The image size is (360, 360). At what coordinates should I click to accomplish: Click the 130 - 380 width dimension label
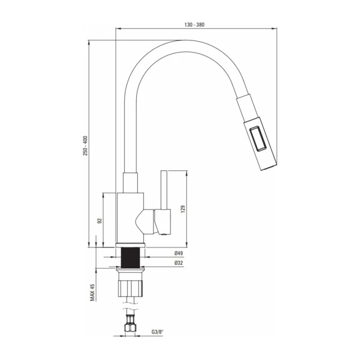coord(194,25)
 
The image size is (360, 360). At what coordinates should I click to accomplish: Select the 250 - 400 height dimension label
coord(85,146)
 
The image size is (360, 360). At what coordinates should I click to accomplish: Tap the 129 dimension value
coord(183,209)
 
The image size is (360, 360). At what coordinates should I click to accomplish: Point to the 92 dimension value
coord(100,221)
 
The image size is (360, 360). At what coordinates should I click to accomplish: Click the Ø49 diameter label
coord(179,253)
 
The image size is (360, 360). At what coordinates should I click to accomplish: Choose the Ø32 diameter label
coord(179,263)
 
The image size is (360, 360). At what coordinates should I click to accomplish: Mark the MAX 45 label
coord(92,292)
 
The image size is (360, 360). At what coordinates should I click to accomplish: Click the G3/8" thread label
coord(157,331)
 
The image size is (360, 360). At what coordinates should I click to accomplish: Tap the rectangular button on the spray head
coord(258,139)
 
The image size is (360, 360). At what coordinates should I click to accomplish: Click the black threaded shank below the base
coord(130,258)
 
